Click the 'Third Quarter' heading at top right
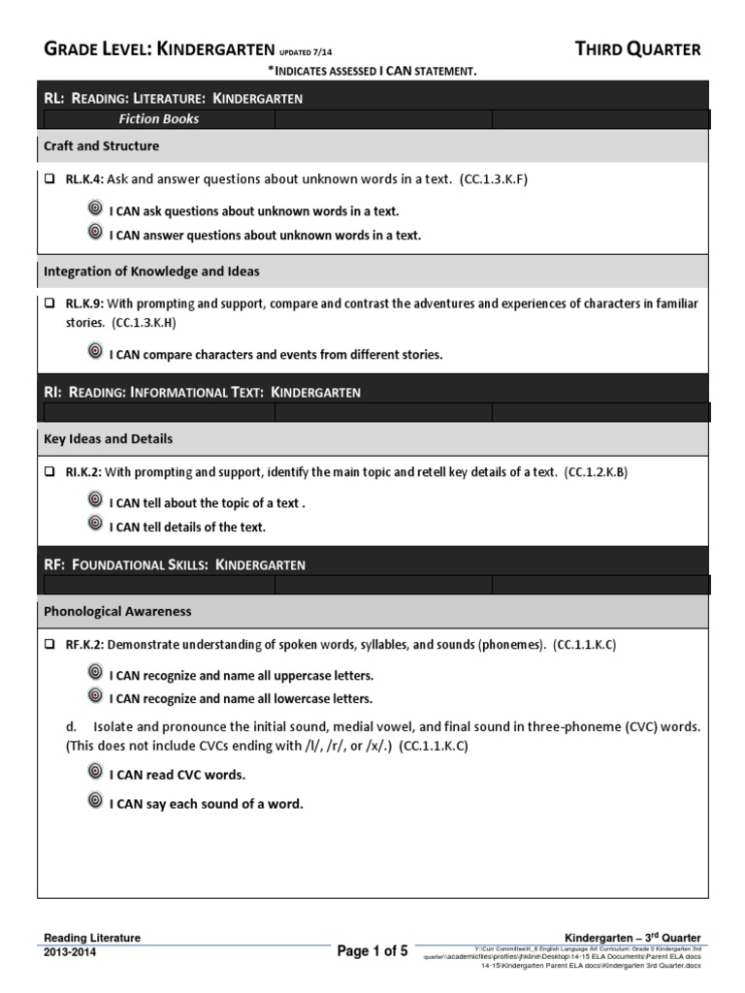pyautogui.click(x=637, y=49)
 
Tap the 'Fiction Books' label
pyautogui.click(x=159, y=119)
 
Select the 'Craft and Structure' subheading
pyautogui.click(x=102, y=145)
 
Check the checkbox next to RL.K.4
pyautogui.click(x=49, y=179)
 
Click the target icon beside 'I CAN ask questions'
pyautogui.click(x=95, y=209)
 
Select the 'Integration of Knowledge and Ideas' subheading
pyautogui.click(x=151, y=272)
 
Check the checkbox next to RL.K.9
pyautogui.click(x=49, y=304)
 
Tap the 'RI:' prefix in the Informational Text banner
pyautogui.click(x=53, y=393)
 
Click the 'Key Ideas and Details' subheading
pyautogui.click(x=109, y=438)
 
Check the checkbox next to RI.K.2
pyautogui.click(x=49, y=472)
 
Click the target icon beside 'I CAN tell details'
pyautogui.click(x=95, y=526)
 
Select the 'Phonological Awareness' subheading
pyautogui.click(x=117, y=611)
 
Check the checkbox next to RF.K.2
pyautogui.click(x=49, y=645)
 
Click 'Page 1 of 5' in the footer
pyautogui.click(x=372, y=951)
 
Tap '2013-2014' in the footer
pyautogui.click(x=71, y=952)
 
